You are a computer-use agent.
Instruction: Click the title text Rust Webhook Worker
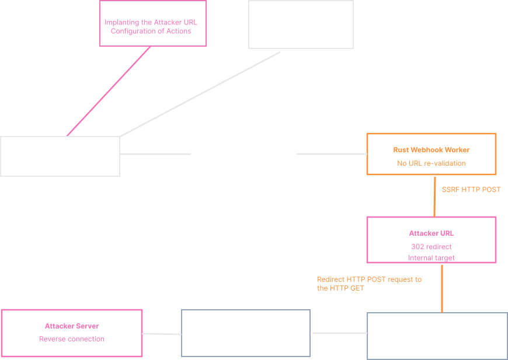[431, 150]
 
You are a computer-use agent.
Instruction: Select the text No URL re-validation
[431, 163]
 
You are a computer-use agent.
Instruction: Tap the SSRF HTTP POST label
[471, 190]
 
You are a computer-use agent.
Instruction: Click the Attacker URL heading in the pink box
[431, 233]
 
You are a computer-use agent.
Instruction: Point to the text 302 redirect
[431, 247]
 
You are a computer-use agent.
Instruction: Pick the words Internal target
[431, 258]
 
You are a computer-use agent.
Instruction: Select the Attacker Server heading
[72, 326]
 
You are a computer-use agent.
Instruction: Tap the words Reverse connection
[72, 339]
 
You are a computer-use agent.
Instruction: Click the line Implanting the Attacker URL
[151, 23]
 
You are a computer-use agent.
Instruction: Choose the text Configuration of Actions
[151, 32]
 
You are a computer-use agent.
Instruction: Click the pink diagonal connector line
[109, 91]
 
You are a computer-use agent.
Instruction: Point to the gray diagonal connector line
[200, 95]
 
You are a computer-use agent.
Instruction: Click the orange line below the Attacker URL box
[441, 288]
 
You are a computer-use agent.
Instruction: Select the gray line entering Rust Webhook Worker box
[332, 154]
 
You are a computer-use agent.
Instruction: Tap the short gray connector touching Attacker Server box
[162, 334]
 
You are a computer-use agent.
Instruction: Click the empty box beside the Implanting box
[301, 24]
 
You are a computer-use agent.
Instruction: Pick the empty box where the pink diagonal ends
[60, 156]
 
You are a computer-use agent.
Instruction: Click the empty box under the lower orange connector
[437, 336]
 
